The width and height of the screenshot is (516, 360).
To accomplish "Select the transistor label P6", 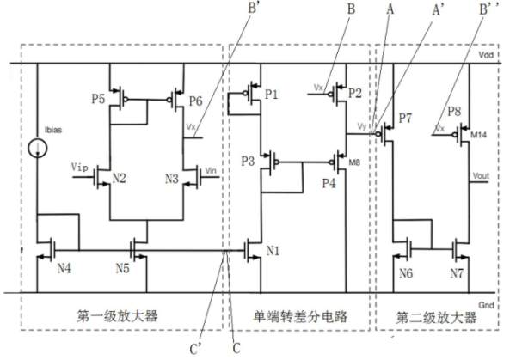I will (195, 99).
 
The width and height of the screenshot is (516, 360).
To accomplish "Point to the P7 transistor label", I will (407, 116).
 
